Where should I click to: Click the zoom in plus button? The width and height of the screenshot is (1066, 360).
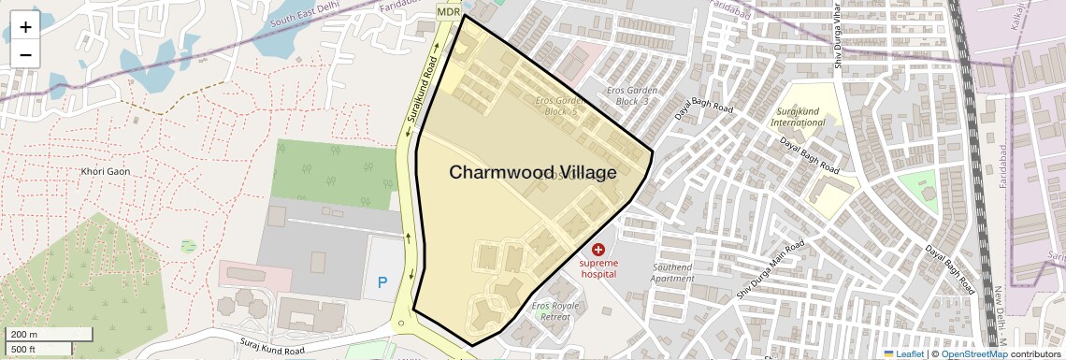click(25, 27)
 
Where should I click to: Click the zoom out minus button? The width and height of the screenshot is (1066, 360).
click(25, 54)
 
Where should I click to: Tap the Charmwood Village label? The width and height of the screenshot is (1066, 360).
click(532, 173)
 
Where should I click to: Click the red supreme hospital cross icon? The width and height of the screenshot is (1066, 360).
click(598, 249)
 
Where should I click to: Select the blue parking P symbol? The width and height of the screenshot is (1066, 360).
click(382, 281)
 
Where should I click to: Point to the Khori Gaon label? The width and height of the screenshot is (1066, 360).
click(105, 172)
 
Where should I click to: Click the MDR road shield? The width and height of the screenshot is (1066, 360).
click(449, 10)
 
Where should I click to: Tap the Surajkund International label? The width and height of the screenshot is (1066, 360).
click(797, 116)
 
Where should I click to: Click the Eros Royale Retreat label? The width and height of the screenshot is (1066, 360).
click(555, 310)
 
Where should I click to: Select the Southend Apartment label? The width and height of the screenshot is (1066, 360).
click(672, 273)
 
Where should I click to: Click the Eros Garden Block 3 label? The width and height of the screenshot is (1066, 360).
click(633, 95)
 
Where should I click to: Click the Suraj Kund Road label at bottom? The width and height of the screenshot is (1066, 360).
click(271, 347)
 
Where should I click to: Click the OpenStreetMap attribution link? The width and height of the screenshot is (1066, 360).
click(974, 353)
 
